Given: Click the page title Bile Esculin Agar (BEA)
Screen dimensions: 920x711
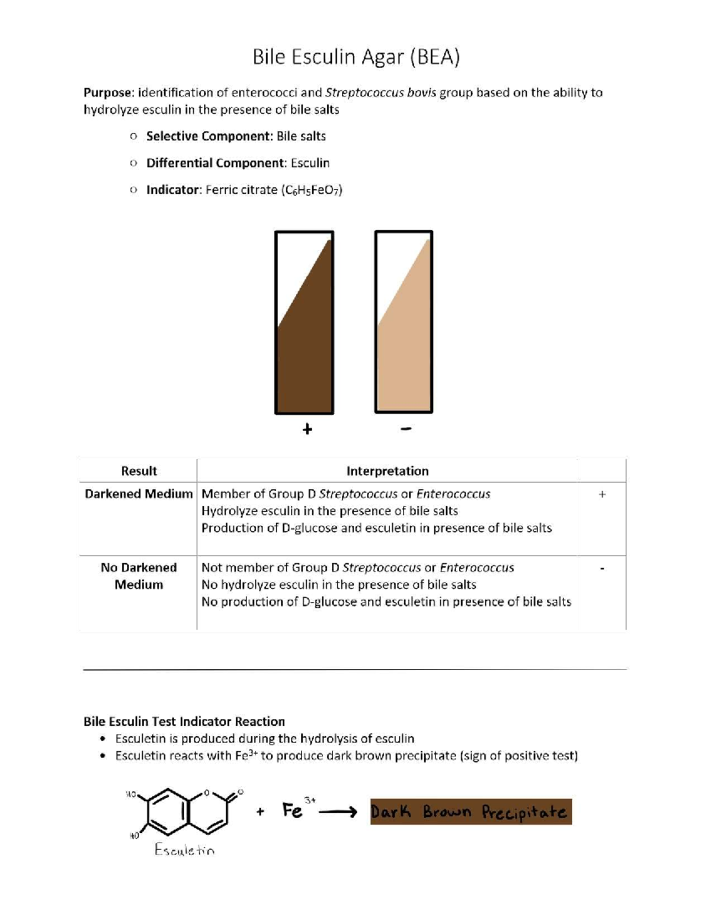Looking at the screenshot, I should (356, 57).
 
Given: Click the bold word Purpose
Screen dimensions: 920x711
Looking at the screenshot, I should (108, 92).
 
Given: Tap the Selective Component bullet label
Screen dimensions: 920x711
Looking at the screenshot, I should (209, 136).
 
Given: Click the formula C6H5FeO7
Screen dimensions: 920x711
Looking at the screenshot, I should (312, 190).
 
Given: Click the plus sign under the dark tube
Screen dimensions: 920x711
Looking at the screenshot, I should (307, 429).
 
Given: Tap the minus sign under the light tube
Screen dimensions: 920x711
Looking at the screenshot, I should (405, 428).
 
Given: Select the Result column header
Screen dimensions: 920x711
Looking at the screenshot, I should (139, 471).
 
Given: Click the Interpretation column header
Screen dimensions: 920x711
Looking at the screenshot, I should (387, 471).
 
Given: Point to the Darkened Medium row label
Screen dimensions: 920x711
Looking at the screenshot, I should (139, 494).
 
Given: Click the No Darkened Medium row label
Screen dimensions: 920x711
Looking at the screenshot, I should (139, 576).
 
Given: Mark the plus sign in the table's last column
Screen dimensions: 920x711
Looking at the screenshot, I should (602, 494).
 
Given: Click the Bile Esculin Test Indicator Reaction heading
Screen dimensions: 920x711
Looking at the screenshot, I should (184, 722).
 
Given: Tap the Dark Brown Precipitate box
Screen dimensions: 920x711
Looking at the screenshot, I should (471, 812).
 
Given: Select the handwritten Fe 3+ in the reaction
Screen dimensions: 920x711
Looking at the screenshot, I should (296, 809).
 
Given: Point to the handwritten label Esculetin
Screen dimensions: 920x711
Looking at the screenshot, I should (184, 850).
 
